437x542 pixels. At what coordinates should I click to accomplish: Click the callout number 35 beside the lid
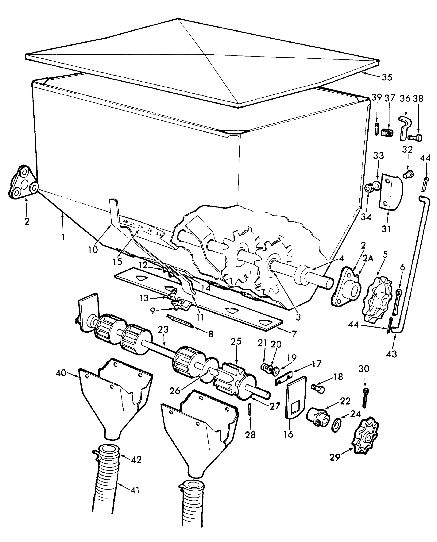[387, 77]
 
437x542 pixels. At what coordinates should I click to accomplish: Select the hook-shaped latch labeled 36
[405, 127]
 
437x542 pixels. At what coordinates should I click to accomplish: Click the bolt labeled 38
[415, 138]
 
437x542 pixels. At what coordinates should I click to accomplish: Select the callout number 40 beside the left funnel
[61, 373]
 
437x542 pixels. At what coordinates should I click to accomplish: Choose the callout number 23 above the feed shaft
[163, 329]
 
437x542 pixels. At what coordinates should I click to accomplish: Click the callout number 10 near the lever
[93, 250]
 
